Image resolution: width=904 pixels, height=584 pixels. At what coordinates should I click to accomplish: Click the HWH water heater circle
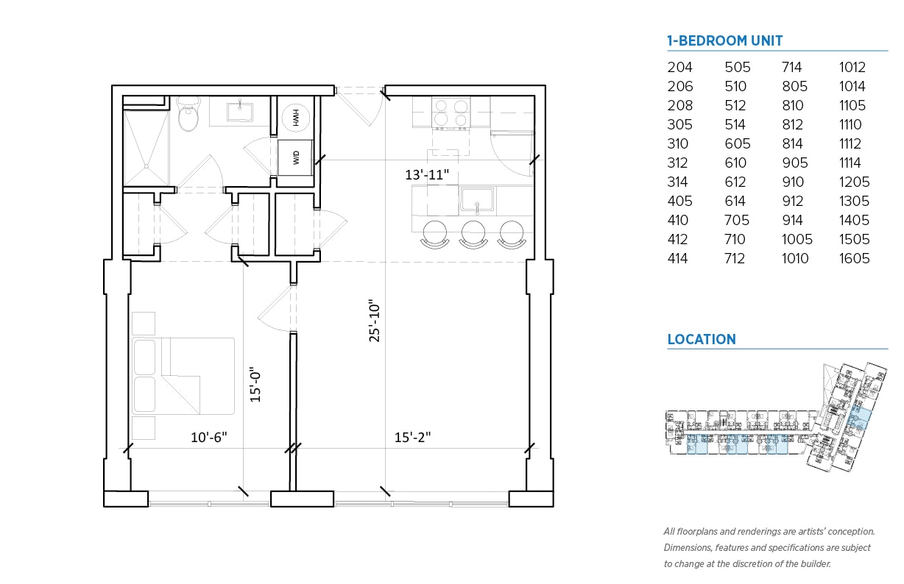pyautogui.click(x=297, y=118)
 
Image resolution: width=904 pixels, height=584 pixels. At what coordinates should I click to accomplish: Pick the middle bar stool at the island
pyautogui.click(x=473, y=233)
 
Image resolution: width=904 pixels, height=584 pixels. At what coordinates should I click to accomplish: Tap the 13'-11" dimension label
pyautogui.click(x=427, y=175)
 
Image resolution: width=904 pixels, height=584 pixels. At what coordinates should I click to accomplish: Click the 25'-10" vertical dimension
pyautogui.click(x=375, y=322)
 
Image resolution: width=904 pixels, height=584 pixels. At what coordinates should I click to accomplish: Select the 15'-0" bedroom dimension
pyautogui.click(x=255, y=385)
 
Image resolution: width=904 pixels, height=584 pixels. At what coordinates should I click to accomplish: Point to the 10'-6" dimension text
pyautogui.click(x=209, y=437)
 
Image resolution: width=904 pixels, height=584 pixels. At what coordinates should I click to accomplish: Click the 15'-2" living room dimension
pyautogui.click(x=412, y=437)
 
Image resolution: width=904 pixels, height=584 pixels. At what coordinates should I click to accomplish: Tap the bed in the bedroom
pyautogui.click(x=183, y=376)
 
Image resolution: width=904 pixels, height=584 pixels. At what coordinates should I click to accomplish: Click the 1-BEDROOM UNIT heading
pyautogui.click(x=724, y=41)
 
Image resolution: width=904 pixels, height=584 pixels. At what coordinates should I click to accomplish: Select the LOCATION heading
pyautogui.click(x=701, y=340)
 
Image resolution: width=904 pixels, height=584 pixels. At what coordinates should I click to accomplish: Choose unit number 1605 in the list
pyautogui.click(x=854, y=258)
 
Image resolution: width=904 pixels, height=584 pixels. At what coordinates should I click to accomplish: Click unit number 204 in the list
pyautogui.click(x=679, y=67)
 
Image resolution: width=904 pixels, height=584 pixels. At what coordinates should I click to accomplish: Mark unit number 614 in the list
pyautogui.click(x=737, y=201)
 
